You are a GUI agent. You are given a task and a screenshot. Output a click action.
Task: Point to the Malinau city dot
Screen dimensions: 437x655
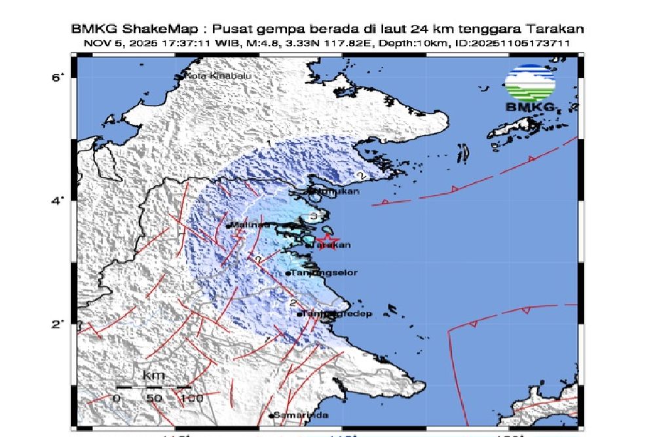[x=228, y=226]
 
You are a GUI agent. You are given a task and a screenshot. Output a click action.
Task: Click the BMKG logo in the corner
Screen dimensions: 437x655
[x=530, y=88]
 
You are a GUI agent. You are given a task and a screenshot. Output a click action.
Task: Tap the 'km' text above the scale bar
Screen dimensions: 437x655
[x=154, y=376]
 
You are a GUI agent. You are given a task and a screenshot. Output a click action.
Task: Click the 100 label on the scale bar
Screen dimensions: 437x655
[x=192, y=398]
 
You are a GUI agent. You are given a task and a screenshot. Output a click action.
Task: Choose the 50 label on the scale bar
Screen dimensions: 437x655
[x=154, y=398]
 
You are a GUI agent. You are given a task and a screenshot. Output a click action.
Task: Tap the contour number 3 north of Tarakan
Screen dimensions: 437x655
[x=314, y=216]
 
